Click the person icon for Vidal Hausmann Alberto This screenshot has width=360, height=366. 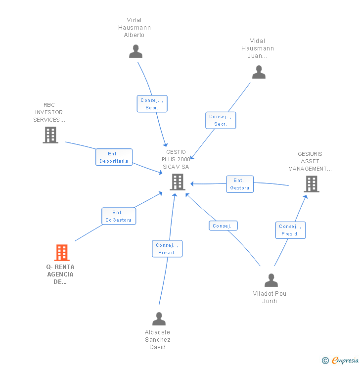click(135, 51)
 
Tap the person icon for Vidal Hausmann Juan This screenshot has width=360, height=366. click(259, 72)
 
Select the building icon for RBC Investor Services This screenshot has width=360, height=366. click(50, 135)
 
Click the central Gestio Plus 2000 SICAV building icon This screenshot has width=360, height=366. click(178, 182)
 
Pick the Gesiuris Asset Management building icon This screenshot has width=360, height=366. click(311, 184)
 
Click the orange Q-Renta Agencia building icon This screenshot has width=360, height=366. click(61, 253)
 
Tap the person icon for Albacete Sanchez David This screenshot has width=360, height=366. click(159, 319)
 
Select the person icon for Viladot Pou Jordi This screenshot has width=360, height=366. click(271, 280)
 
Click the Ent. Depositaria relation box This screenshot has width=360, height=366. click(114, 157)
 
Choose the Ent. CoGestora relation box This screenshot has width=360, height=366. click(119, 216)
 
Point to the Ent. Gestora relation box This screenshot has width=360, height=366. click(240, 184)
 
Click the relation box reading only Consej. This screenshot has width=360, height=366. click(223, 226)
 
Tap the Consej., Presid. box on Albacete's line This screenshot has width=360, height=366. click(167, 249)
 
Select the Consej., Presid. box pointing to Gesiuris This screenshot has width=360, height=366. click(290, 230)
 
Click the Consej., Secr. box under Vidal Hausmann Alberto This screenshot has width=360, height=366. click(152, 104)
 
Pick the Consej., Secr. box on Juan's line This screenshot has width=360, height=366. click(221, 120)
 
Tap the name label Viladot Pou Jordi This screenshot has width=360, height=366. click(270, 297)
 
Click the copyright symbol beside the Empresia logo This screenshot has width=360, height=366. click(325, 361)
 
